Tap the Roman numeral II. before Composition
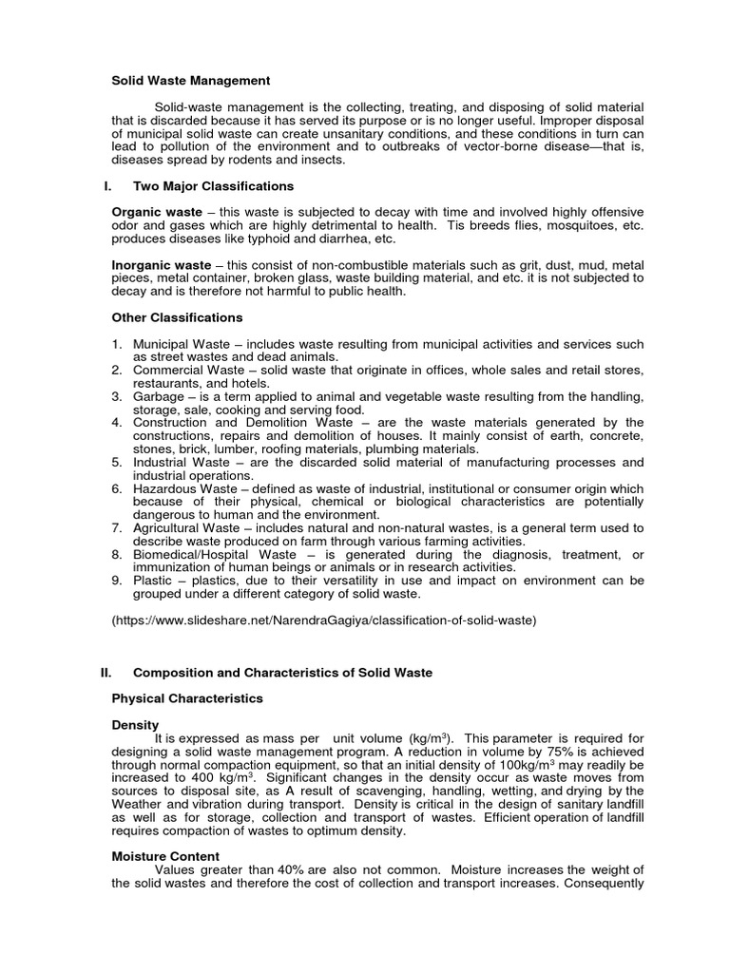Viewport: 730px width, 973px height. [x=106, y=673]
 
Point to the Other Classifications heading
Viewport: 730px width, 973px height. [x=178, y=316]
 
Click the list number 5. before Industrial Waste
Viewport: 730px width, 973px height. [x=117, y=462]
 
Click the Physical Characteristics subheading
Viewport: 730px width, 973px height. [x=187, y=698]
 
